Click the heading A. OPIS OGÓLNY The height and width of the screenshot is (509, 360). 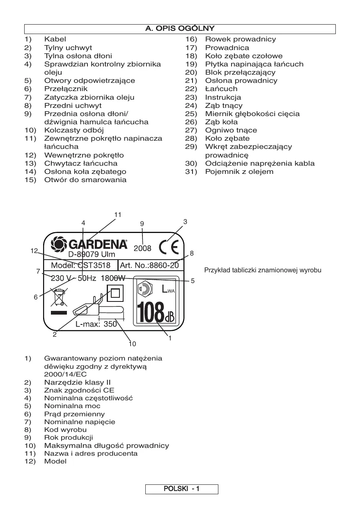pyautogui.click(x=180, y=29)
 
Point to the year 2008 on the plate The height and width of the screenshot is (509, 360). pyautogui.click(x=142, y=248)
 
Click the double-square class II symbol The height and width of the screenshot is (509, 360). pyautogui.click(x=115, y=294)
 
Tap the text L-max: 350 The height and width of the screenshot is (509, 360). pyautogui.click(x=96, y=324)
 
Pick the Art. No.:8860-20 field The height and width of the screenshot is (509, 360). pyautogui.click(x=149, y=265)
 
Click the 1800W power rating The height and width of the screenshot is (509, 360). pyautogui.click(x=113, y=278)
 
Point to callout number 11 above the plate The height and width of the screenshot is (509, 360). pyautogui.click(x=118, y=215)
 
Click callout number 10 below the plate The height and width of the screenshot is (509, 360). pyautogui.click(x=132, y=344)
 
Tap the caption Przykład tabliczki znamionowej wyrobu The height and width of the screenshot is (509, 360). pyautogui.click(x=263, y=270)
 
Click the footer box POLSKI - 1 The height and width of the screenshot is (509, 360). pyautogui.click(x=181, y=489)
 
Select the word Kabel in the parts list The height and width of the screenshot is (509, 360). pyautogui.click(x=55, y=39)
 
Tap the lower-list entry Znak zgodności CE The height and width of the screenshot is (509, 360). pyautogui.click(x=79, y=390)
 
